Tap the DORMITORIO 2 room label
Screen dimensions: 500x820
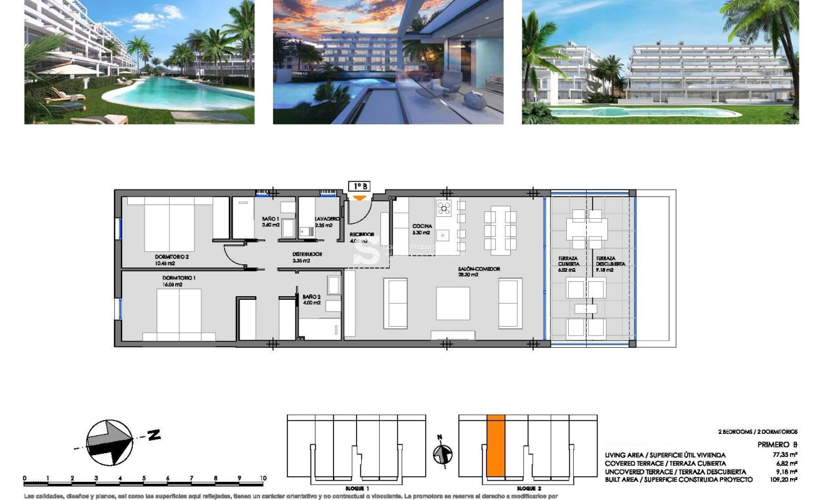pos(171,256)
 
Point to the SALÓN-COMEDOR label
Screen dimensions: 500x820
pos(479,269)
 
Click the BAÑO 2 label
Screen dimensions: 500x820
pos(311,297)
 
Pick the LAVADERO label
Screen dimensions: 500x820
pos(327,219)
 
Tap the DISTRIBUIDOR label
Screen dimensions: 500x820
pos(307,254)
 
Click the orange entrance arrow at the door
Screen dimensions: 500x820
pos(359,198)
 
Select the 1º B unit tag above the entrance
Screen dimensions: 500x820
pos(359,186)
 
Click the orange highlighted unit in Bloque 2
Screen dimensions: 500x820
pos(496,446)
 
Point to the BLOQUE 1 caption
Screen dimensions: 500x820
pos(357,488)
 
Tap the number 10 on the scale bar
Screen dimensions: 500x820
pos(263,478)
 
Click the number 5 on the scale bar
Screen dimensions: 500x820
pos(144,478)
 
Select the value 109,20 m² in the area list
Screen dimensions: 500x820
pos(782,479)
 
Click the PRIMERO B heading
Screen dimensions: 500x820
pos(777,445)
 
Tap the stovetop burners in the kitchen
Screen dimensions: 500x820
pos(443,209)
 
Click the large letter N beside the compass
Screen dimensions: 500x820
pos(153,435)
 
